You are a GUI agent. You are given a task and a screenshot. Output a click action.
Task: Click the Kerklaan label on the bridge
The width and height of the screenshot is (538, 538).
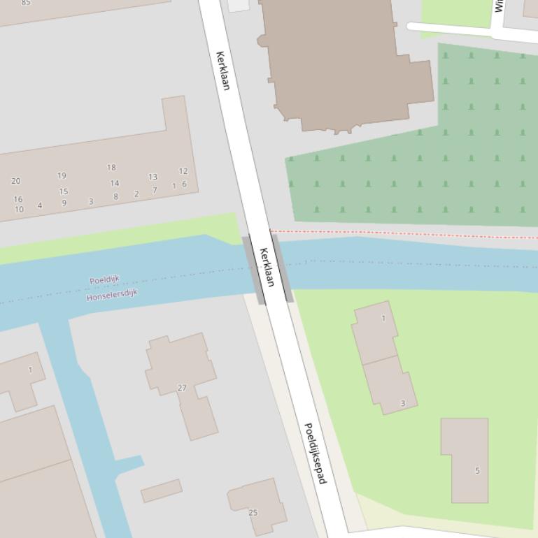[267, 267]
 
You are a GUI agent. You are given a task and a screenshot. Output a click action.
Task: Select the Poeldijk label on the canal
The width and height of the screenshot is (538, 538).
[104, 280]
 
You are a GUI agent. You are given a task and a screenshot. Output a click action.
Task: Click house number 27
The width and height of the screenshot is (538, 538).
[182, 388]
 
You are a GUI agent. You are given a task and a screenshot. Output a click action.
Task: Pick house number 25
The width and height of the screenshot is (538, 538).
[253, 513]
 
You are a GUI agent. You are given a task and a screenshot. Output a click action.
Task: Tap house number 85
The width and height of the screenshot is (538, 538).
[26, 3]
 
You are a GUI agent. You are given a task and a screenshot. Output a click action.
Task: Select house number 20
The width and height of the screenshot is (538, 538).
[16, 181]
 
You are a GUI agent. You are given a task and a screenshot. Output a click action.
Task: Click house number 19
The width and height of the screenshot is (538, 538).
[62, 175]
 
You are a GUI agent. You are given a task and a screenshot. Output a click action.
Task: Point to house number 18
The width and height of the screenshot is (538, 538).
[111, 168]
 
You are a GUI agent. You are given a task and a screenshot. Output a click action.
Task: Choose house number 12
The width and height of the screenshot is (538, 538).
[183, 171]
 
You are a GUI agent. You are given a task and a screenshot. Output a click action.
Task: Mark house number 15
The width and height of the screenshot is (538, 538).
[64, 191]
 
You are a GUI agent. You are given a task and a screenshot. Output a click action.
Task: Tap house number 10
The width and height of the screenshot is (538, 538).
[19, 209]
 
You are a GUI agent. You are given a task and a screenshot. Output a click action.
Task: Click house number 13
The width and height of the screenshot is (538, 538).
[153, 177]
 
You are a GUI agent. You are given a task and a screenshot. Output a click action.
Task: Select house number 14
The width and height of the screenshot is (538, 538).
[114, 183]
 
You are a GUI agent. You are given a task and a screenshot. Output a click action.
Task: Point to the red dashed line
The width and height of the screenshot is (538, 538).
[406, 234]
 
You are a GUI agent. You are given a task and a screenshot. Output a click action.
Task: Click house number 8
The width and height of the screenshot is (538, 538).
[115, 197]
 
